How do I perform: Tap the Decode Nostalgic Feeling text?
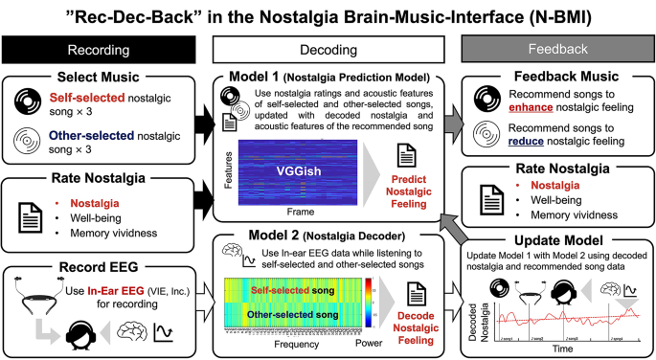(410, 314)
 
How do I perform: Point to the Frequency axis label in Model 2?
(297, 343)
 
